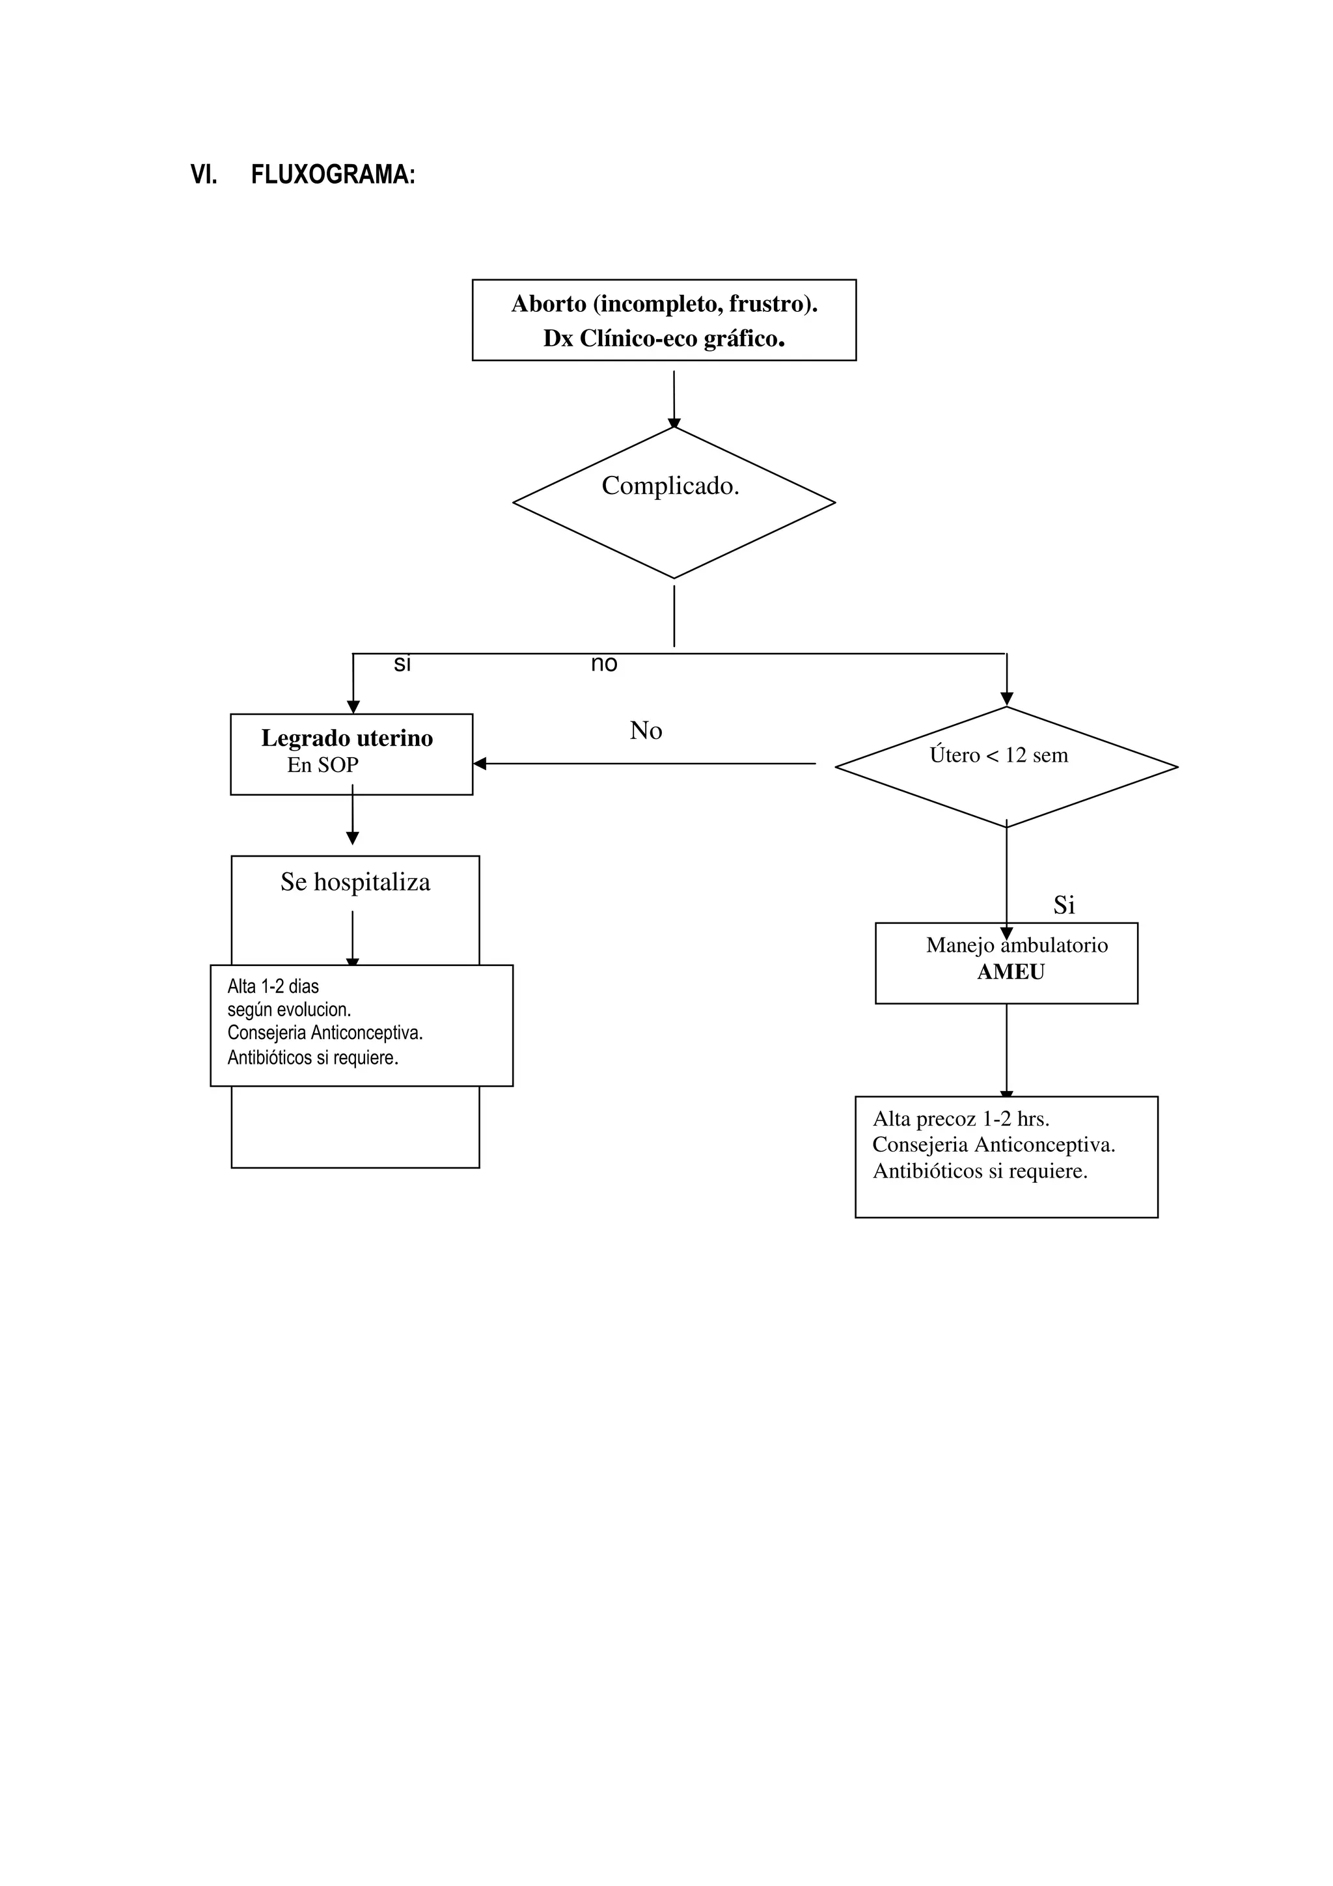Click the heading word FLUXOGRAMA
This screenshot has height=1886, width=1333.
(333, 175)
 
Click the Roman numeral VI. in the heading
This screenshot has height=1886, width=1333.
(204, 175)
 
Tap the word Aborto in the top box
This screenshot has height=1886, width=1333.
(549, 304)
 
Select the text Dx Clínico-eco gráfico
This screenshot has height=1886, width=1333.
(664, 339)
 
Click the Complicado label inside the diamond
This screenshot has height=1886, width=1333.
(670, 486)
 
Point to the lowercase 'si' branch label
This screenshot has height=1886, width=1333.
(402, 664)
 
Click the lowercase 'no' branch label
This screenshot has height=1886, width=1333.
(603, 664)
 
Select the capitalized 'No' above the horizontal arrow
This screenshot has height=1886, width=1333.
(646, 730)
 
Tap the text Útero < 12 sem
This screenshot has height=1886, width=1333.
(998, 755)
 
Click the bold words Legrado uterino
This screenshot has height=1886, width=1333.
(347, 738)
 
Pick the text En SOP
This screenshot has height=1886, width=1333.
(323, 765)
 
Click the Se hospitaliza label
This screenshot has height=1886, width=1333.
(355, 881)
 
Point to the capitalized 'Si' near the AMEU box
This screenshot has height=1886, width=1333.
(1064, 904)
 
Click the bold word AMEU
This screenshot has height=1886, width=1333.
(1010, 972)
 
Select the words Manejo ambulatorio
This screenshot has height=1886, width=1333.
(1017, 945)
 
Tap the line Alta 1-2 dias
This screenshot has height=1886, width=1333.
(273, 986)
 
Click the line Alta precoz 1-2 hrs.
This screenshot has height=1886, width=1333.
(961, 1119)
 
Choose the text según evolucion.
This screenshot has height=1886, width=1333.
(289, 1010)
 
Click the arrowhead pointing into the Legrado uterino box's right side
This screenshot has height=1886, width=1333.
(480, 763)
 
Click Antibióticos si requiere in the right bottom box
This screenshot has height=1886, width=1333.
(980, 1171)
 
